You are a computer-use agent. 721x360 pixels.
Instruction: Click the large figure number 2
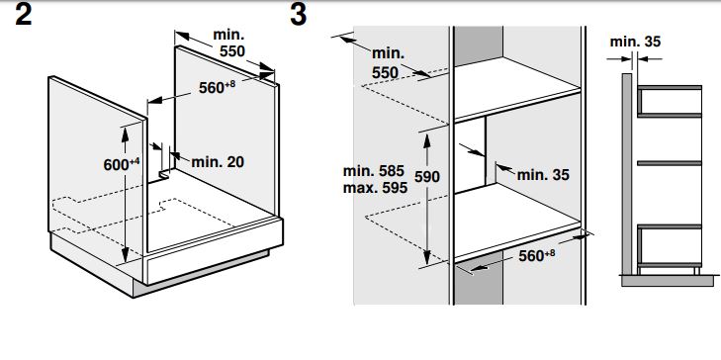23,14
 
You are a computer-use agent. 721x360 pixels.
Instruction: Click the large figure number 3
298,14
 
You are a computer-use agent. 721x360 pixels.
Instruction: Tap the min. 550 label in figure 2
229,43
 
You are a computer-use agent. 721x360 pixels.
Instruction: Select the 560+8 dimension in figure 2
217,86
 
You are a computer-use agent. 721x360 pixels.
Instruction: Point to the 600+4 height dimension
121,163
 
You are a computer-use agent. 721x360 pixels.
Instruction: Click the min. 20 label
218,161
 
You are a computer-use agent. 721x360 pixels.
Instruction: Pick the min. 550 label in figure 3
388,62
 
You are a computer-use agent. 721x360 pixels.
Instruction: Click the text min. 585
374,171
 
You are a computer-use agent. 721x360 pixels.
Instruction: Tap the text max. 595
375,187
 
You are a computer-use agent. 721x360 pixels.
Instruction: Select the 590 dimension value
426,177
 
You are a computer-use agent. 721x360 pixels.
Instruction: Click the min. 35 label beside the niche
543,175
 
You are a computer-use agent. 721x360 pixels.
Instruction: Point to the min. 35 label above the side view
635,42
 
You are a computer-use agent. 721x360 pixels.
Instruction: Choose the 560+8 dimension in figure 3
537,255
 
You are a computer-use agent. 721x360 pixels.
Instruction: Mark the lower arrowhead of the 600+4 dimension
125,256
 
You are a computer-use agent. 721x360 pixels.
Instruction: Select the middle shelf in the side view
669,163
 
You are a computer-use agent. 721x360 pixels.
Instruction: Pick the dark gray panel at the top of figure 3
479,45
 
